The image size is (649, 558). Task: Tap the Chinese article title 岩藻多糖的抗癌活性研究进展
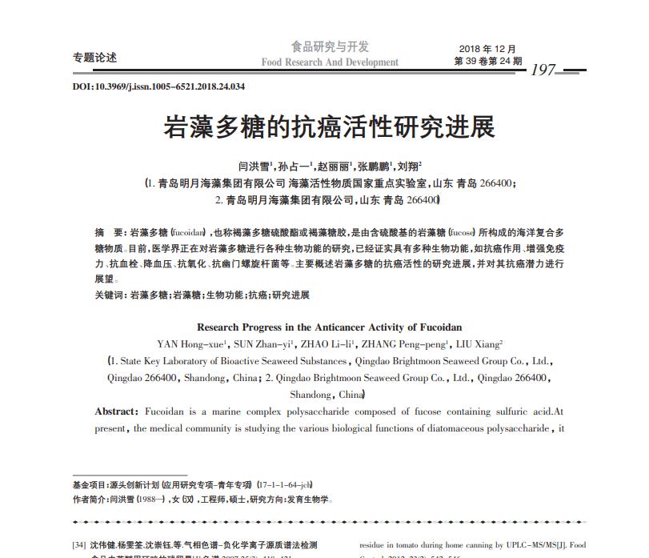tap(330, 126)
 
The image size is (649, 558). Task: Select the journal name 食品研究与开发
tap(330, 47)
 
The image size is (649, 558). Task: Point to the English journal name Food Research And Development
tap(330, 62)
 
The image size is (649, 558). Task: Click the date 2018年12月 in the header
tap(488, 49)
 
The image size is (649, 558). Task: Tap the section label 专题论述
tap(94, 58)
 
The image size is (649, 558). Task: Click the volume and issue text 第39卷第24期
tap(488, 61)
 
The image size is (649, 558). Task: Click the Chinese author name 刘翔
tap(409, 167)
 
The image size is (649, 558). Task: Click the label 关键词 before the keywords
tap(110, 295)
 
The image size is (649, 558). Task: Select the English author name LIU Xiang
tap(477, 344)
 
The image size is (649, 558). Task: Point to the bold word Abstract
tap(116, 411)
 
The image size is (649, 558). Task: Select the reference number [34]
tap(79, 545)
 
